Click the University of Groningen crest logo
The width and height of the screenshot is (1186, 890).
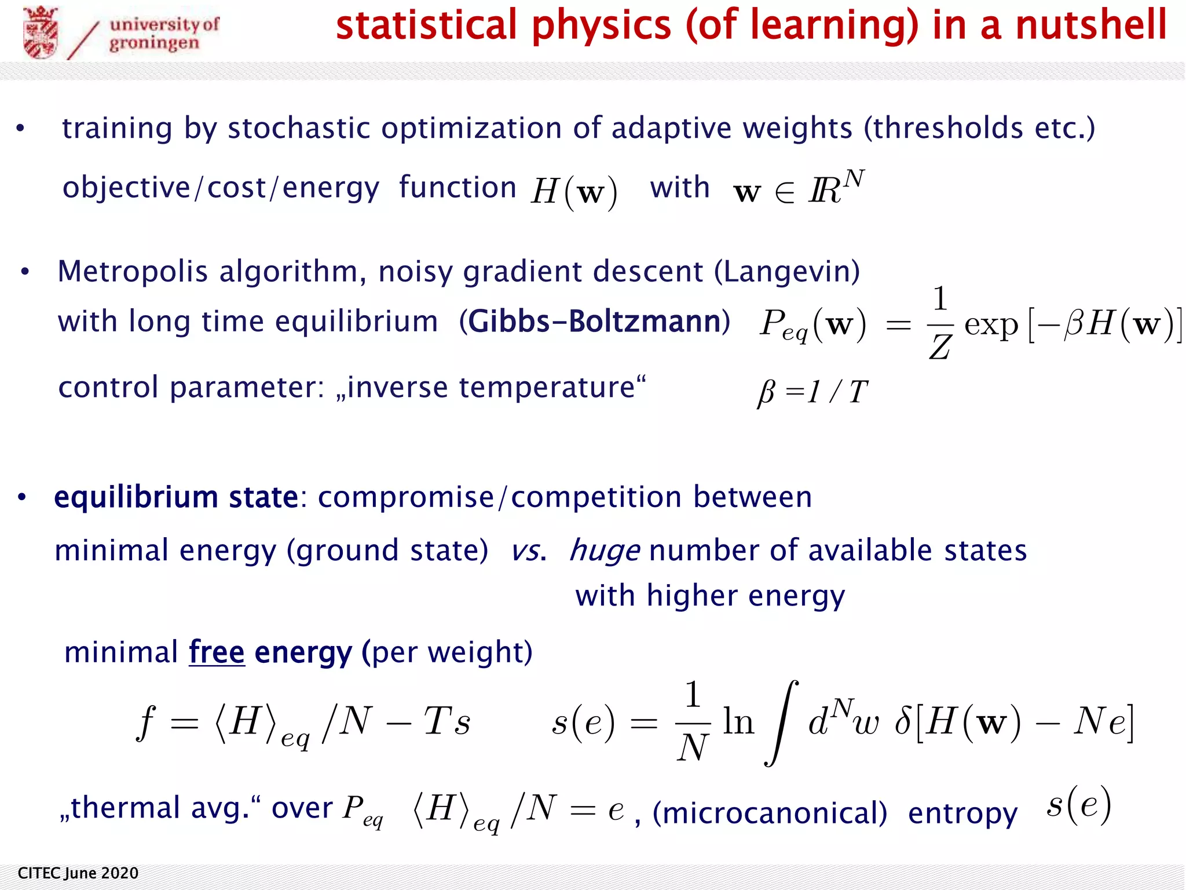[x=41, y=32]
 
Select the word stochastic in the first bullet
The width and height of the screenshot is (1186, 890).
[x=298, y=128]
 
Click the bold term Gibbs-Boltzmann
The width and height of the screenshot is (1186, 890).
[x=594, y=322]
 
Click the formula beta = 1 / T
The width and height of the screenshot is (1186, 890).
[x=812, y=392]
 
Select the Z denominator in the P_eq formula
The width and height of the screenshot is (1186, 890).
[x=939, y=348]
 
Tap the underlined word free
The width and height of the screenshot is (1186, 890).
[x=217, y=652]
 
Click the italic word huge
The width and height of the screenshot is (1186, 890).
[x=605, y=550]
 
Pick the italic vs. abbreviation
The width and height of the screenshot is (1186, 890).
[x=528, y=550]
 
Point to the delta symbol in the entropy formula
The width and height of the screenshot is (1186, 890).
[x=903, y=723]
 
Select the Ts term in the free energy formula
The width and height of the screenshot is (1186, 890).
[x=446, y=721]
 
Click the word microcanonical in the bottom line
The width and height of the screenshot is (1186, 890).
[x=770, y=813]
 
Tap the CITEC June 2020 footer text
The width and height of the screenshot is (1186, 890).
[x=78, y=873]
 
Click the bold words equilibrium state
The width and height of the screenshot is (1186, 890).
[x=176, y=497]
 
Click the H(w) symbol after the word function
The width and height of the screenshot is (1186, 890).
[x=574, y=191]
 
